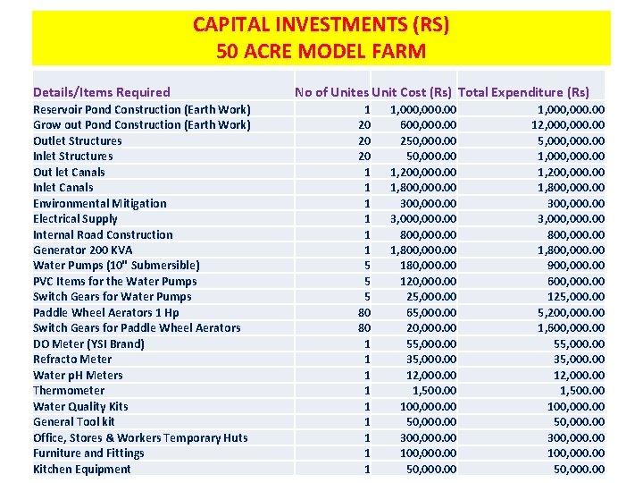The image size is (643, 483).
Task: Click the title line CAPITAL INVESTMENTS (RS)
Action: coord(321,25)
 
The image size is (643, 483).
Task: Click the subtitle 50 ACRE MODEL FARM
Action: coord(321,51)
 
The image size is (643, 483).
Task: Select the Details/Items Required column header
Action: coord(101,92)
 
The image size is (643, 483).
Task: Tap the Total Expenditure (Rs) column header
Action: coord(523,92)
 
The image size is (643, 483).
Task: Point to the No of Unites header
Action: coord(330,92)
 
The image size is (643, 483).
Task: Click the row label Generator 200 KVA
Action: coord(82,250)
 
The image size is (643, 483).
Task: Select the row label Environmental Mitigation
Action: coord(99,203)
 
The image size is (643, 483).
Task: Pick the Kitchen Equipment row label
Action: coord(81,469)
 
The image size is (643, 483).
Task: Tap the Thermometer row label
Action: coord(69,390)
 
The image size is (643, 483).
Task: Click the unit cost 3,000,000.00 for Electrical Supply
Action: coord(423,218)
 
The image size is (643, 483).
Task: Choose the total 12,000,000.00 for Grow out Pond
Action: coord(567,124)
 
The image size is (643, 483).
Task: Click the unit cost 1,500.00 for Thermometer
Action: coord(434,390)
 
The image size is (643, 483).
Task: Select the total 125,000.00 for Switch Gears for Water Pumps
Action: coord(577,296)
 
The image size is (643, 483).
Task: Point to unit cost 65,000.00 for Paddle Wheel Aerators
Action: coord(430,312)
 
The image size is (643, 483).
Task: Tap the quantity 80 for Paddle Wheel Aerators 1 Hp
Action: coord(363,312)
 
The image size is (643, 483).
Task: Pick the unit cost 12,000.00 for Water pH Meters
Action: coord(430,375)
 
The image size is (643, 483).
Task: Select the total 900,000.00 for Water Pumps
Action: coord(577,265)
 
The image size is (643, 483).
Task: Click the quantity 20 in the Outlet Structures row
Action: coord(363,140)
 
